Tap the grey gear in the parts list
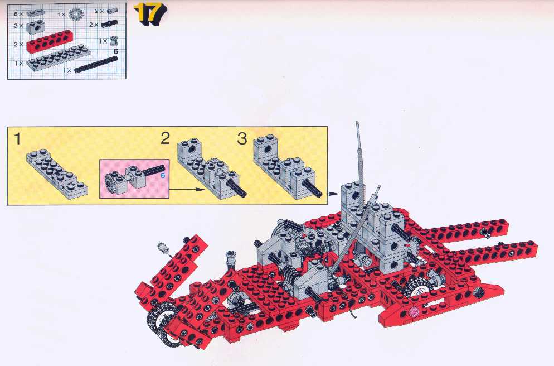(75, 14)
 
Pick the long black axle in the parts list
(95, 64)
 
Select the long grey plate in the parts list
(59, 56)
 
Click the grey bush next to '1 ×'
(113, 41)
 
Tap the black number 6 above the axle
(115, 51)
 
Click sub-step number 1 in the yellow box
(17, 139)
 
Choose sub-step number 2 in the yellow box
(166, 138)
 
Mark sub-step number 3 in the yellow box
(242, 138)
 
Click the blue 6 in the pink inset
(163, 175)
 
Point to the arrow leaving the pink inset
(187, 190)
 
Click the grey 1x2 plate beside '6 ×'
(34, 13)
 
